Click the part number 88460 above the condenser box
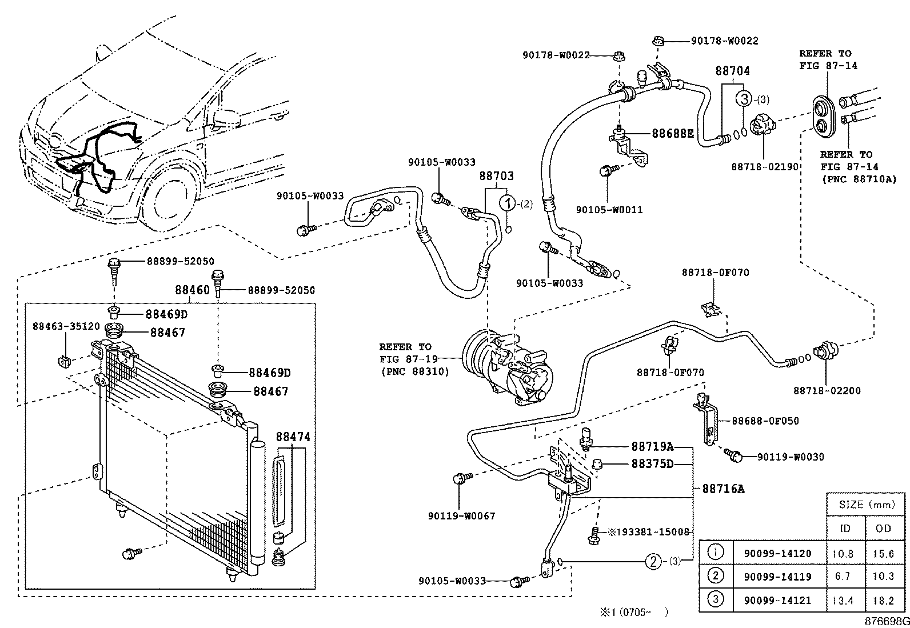[x=192, y=291]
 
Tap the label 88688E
[x=673, y=134]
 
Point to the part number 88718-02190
[x=765, y=166]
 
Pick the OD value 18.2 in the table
[x=883, y=601]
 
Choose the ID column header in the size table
[x=845, y=528]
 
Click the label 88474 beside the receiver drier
[x=293, y=437]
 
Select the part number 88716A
[x=723, y=489]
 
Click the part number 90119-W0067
[x=461, y=515]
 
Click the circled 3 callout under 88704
[x=744, y=99]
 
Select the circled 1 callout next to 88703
[x=506, y=203]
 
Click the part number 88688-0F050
[x=766, y=421]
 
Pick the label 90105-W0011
[x=609, y=210]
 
